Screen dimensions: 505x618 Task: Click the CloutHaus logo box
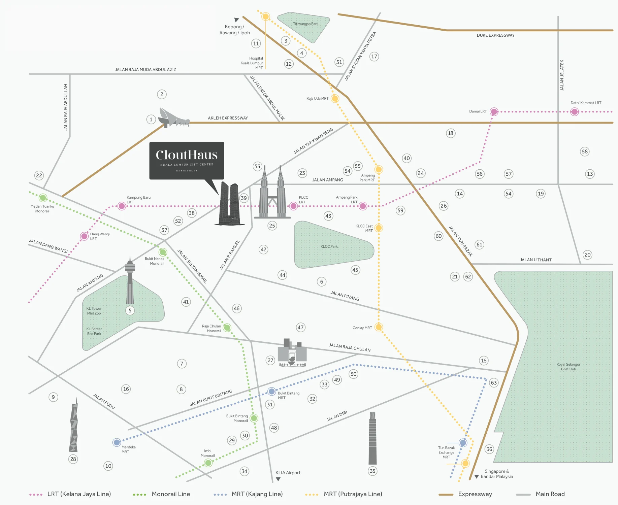coord(187,160)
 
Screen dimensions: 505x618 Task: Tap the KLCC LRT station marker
coord(293,206)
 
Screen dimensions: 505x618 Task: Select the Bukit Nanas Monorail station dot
coord(163,252)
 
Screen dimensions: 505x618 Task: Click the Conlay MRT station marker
coord(379,327)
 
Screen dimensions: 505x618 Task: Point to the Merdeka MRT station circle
coord(117,442)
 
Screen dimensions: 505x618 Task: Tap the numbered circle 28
coord(73,459)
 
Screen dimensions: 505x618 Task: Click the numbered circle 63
coord(494,382)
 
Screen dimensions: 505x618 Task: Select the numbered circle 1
coord(151,119)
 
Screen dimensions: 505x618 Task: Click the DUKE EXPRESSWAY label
coord(495,35)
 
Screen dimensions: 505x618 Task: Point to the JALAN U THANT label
coord(535,260)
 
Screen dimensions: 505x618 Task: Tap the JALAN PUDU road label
coord(104,402)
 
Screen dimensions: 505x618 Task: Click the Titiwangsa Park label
coord(305,24)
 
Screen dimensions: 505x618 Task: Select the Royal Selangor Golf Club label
coord(568,367)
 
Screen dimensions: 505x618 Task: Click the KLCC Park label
coord(329,246)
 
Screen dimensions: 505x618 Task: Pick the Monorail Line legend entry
coord(162,494)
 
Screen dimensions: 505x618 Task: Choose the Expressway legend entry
coord(465,494)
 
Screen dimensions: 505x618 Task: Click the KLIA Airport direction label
coord(288,473)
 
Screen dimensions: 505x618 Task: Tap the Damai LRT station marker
coord(494,112)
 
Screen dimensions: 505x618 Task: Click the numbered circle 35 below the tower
coord(372,471)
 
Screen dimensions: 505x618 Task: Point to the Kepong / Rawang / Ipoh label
coord(234,30)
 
